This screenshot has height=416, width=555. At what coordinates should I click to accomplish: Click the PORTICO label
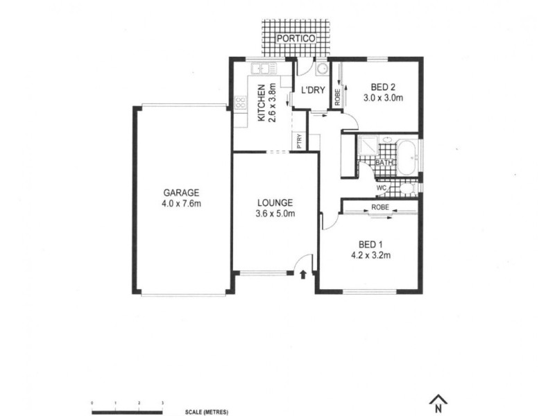point(296,38)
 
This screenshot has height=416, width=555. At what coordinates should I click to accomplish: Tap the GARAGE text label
point(181,193)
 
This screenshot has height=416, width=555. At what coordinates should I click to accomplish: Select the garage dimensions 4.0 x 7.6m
point(181,204)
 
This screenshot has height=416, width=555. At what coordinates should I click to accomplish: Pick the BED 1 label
point(370,244)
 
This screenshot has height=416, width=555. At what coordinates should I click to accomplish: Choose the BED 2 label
point(383,87)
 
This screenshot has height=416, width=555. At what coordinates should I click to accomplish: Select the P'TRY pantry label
point(299,141)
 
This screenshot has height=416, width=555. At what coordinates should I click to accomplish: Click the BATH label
point(384,163)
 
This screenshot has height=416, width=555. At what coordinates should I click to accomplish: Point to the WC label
point(381,187)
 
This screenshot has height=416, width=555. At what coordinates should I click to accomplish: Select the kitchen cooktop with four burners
point(240,103)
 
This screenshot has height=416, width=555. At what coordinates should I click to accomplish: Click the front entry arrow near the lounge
point(304,275)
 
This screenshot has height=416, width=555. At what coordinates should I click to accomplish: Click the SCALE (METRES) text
point(207,412)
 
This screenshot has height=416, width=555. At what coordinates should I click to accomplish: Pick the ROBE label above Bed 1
point(379,207)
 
